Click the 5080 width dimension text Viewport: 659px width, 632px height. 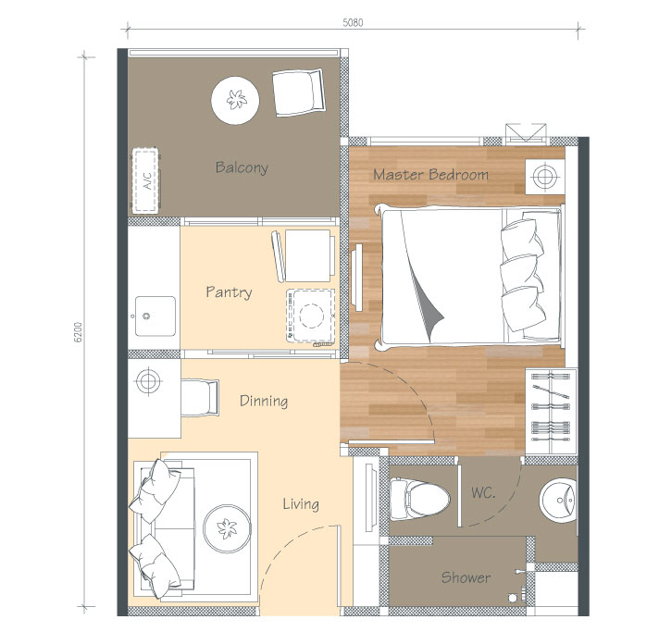coord(353,22)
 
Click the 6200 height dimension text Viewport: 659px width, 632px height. coord(78,332)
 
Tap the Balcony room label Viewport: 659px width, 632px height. coord(242,167)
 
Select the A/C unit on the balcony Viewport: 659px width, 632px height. coord(146,180)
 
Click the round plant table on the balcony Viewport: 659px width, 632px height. coord(235,100)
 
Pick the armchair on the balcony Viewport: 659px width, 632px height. coord(299,92)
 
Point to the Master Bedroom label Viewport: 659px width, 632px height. coord(430,174)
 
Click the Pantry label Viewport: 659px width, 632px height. coord(229,291)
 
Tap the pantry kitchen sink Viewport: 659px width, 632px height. coord(155,316)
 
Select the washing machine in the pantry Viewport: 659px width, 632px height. coord(311,316)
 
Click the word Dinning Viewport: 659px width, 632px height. coord(264,401)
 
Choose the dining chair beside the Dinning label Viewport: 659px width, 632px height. coord(200,398)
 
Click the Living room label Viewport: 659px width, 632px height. coord(301,503)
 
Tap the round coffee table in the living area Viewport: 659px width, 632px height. coord(227,528)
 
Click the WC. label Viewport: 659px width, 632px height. coord(483,492)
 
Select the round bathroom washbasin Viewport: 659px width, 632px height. coord(558,500)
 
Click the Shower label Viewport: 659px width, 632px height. coord(466,577)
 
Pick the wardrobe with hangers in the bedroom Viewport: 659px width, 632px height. coord(551,411)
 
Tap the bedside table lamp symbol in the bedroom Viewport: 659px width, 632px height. coord(544,177)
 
